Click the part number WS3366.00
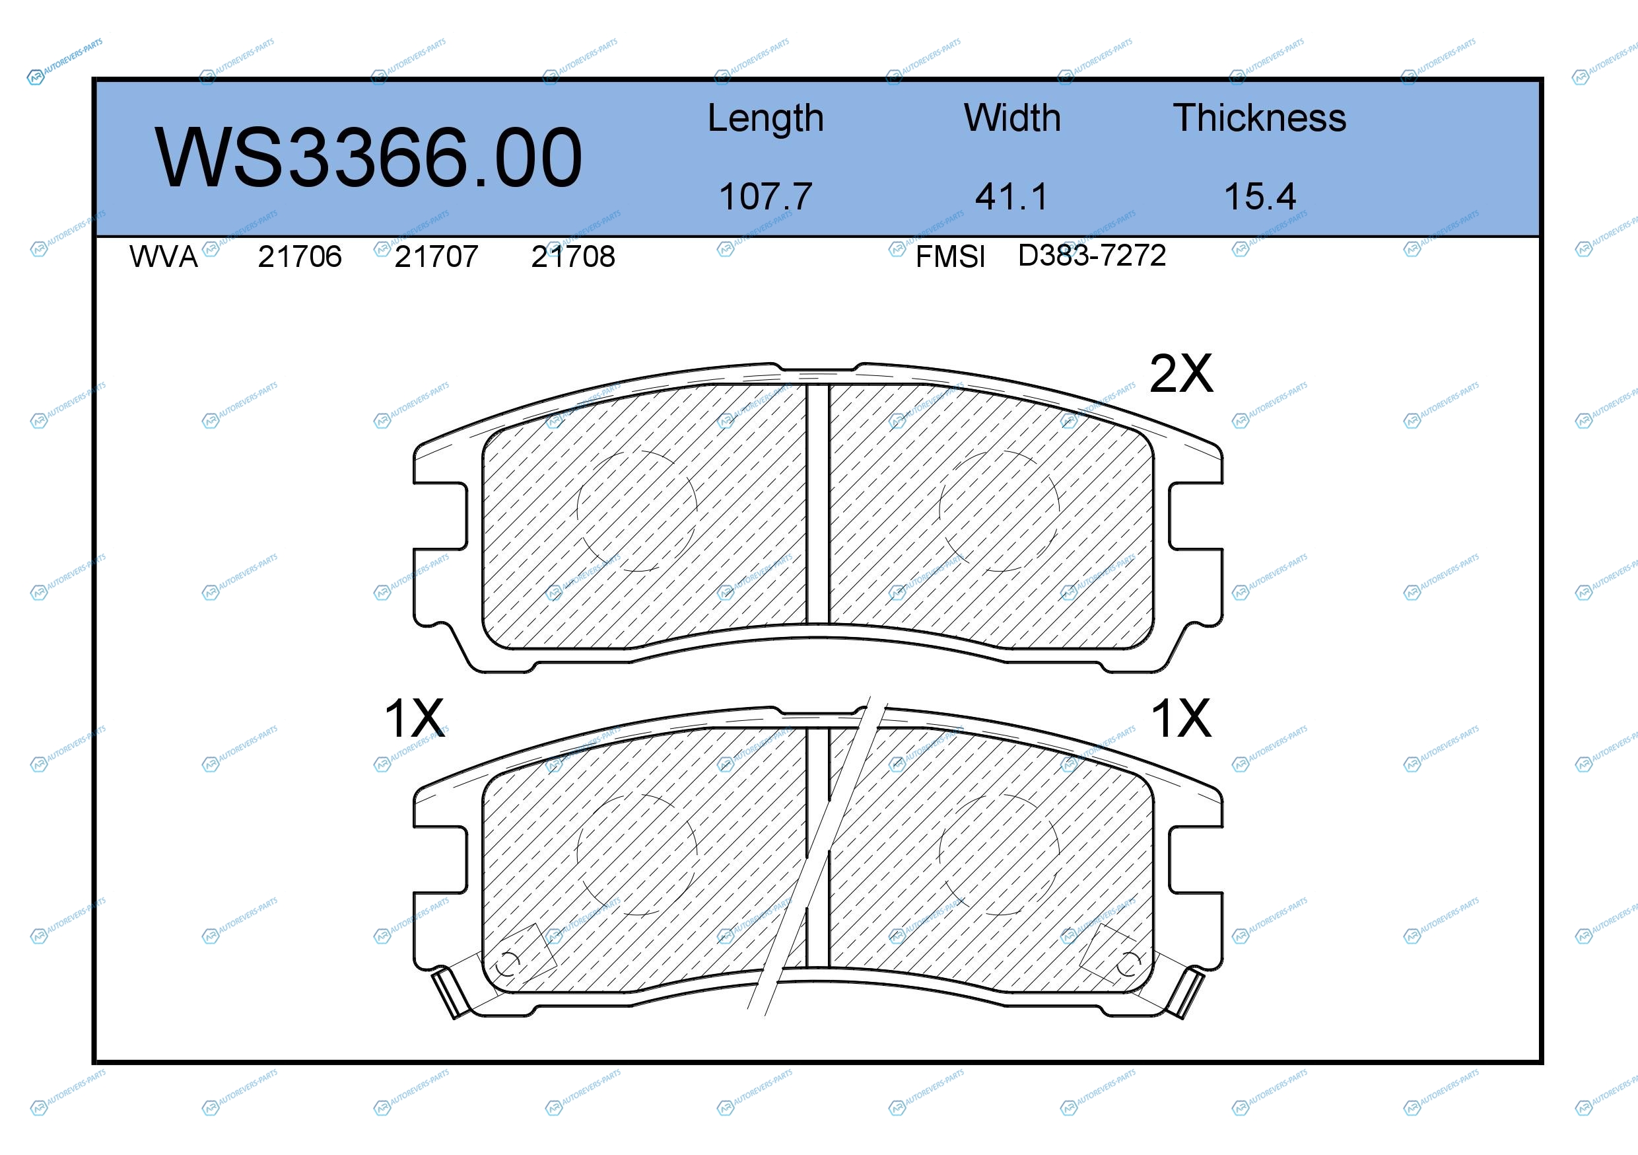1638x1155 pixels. point(368,158)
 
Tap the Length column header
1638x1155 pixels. point(765,118)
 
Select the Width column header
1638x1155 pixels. point(1011,118)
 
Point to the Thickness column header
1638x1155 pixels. point(1259,118)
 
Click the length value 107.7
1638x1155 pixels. point(765,196)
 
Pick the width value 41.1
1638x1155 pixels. point(1011,196)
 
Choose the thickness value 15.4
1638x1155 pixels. point(1260,196)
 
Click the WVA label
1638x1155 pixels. point(163,256)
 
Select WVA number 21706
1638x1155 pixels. point(300,256)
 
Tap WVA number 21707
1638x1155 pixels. point(436,256)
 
